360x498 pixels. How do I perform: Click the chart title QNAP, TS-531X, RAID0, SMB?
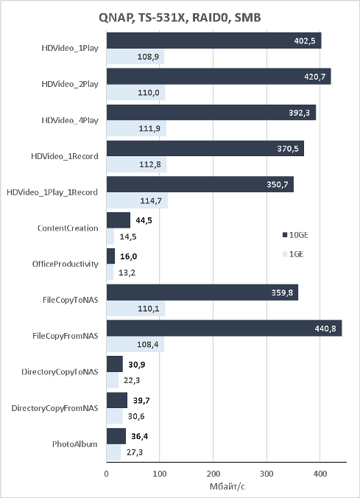180,18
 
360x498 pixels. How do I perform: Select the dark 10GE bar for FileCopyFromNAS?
224,328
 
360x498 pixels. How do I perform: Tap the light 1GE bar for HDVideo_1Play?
135,57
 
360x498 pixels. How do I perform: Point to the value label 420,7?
314,77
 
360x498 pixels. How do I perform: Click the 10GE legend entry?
295,235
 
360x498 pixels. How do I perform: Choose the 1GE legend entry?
293,254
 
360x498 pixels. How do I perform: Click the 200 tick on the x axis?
213,474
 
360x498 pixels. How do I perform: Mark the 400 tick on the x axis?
320,474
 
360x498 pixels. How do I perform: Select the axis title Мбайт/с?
227,486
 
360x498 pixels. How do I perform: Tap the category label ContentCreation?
68,228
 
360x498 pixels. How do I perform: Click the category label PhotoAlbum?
74,443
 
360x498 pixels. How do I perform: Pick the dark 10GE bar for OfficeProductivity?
110,256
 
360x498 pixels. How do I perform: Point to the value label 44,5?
144,220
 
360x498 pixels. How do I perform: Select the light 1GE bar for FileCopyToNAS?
136,309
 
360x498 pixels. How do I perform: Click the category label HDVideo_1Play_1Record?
52,192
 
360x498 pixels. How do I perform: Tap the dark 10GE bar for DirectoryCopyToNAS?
115,364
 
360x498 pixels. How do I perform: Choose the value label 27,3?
134,452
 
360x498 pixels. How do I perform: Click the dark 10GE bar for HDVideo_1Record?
205,148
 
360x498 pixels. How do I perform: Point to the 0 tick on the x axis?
106,474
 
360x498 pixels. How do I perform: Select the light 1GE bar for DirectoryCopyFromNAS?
115,416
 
